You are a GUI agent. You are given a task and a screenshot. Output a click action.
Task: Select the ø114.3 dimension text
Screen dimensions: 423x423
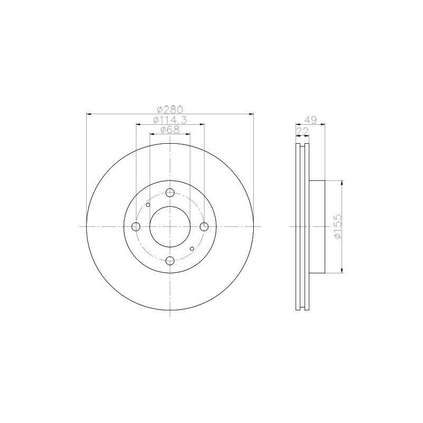[x=170, y=120]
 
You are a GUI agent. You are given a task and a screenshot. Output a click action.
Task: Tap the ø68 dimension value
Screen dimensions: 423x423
[x=170, y=130]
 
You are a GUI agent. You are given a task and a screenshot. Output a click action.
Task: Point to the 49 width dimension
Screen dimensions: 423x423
[x=311, y=120]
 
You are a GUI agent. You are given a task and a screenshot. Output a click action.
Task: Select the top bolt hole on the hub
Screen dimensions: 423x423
[x=170, y=193]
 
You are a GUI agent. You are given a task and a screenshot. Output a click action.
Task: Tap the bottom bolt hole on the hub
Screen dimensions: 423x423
[x=170, y=260]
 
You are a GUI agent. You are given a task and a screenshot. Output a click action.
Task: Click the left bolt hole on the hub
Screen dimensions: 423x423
[x=136, y=227]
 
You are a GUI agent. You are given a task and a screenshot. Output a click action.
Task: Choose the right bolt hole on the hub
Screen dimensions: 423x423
[x=204, y=227]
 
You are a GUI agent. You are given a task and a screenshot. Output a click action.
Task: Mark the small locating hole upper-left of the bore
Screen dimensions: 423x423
[x=148, y=205]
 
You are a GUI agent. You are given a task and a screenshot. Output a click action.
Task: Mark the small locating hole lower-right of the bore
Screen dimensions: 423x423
[x=191, y=248]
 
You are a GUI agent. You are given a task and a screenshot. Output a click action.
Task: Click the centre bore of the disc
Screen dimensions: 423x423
[x=170, y=227]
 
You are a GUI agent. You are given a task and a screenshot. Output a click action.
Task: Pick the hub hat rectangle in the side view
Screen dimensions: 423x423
[x=316, y=227]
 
